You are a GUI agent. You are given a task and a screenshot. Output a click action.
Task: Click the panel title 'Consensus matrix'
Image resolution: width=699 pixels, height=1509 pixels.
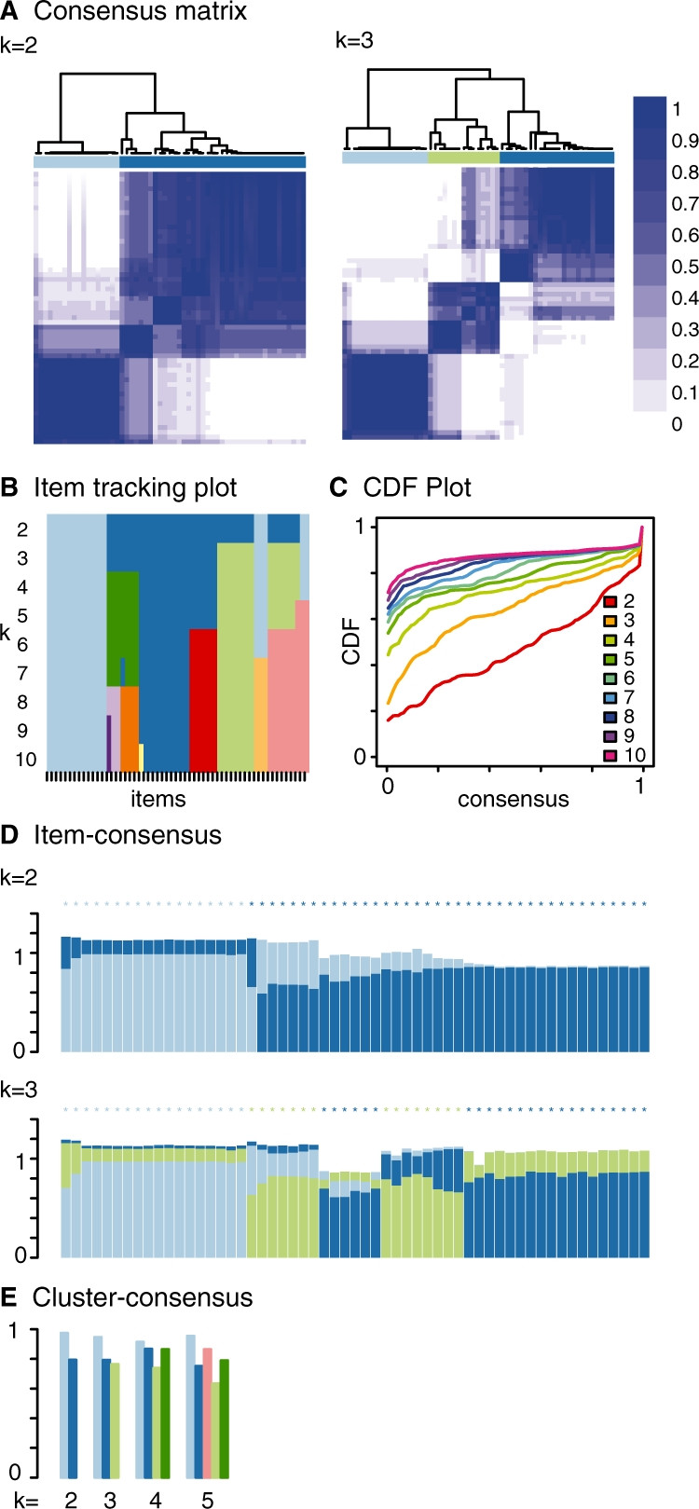click(140, 12)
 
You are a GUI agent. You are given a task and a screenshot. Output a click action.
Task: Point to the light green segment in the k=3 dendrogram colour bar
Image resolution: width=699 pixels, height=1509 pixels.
click(463, 158)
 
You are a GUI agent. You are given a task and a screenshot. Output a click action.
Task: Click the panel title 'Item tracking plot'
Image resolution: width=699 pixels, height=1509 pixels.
click(135, 487)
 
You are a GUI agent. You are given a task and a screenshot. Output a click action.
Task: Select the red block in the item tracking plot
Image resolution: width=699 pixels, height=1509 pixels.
click(203, 699)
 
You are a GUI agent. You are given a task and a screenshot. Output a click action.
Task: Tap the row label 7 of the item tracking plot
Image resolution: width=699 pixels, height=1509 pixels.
click(22, 673)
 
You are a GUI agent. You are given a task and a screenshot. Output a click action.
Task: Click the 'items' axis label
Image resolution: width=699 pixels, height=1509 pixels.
click(158, 799)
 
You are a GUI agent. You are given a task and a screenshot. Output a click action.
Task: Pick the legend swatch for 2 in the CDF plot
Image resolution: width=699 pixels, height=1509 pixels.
click(610, 601)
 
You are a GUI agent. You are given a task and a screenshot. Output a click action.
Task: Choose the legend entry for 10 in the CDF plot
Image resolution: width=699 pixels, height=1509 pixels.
click(635, 756)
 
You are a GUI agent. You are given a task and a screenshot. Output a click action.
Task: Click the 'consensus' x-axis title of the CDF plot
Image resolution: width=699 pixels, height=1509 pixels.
click(513, 799)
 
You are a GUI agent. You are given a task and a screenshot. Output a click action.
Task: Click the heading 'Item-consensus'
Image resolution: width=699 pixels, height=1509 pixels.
click(128, 834)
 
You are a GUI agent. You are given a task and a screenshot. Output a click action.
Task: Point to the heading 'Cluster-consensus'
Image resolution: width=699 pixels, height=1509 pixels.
click(143, 1297)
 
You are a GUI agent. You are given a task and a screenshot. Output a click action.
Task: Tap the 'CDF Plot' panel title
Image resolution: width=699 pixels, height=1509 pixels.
click(417, 487)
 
